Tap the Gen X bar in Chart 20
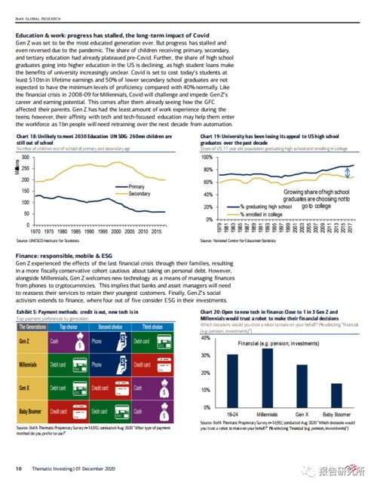click(x=302, y=386)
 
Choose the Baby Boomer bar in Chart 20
click(x=336, y=395)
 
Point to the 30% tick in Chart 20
click(x=205, y=373)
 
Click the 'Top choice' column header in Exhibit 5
click(x=69, y=327)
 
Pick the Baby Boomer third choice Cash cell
click(x=155, y=412)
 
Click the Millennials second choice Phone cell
click(x=110, y=364)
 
